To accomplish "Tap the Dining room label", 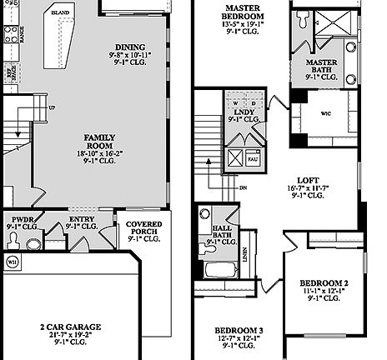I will click(x=132, y=47).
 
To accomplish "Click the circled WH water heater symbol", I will click(x=13, y=261).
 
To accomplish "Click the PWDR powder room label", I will click(x=18, y=219).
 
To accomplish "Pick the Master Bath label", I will click(x=321, y=63).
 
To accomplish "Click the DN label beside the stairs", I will click(x=243, y=188).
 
